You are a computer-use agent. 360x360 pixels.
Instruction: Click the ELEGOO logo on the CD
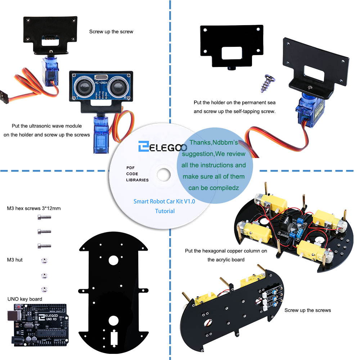coord(162,147)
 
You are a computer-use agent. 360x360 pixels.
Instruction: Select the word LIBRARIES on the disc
coord(137,180)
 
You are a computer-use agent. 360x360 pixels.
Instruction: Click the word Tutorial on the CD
coord(165,211)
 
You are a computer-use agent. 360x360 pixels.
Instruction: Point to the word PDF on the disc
coord(130,168)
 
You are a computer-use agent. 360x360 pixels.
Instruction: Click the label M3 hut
coord(15,260)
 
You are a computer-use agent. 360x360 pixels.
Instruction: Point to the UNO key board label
coord(24,299)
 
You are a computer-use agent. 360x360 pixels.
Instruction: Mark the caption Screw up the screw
coord(111,32)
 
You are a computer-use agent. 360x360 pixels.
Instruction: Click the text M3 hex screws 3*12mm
coord(34,208)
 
